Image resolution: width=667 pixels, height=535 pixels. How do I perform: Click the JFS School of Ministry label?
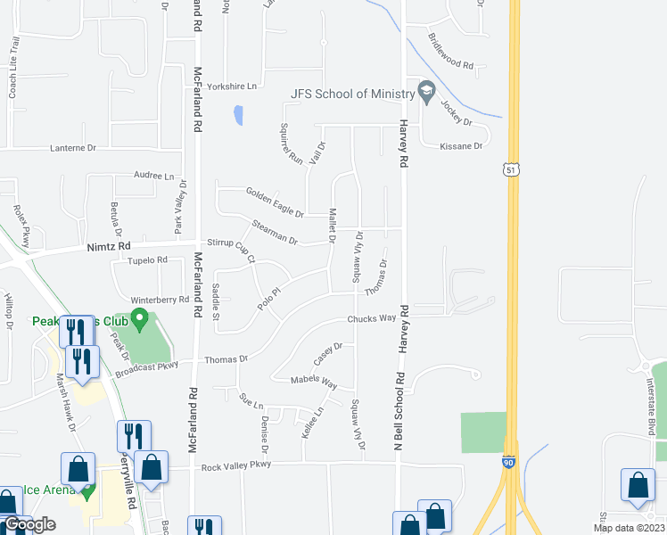pyautogui.click(x=351, y=94)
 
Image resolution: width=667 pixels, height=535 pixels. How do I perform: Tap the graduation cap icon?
pyautogui.click(x=426, y=93)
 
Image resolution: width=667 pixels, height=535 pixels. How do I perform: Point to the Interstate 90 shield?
pyautogui.click(x=508, y=463)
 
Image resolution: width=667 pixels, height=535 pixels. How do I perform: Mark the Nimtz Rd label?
pyautogui.click(x=109, y=246)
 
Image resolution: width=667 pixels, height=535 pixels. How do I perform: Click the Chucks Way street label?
pyautogui.click(x=371, y=318)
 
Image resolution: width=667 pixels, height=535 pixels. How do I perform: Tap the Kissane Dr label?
pyautogui.click(x=460, y=145)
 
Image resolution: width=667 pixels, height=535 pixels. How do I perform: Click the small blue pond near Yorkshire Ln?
pyautogui.click(x=237, y=115)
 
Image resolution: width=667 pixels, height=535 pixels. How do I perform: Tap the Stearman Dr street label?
pyautogui.click(x=275, y=232)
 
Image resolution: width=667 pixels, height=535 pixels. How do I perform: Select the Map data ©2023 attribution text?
pyautogui.click(x=626, y=528)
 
